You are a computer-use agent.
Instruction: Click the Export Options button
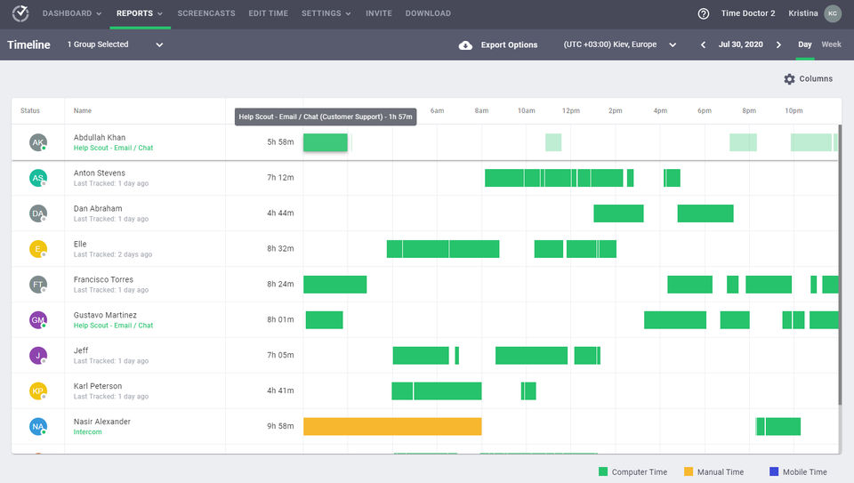click(498, 45)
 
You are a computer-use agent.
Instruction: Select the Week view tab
click(831, 44)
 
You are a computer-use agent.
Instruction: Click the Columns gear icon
click(789, 79)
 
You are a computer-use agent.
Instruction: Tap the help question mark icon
click(704, 13)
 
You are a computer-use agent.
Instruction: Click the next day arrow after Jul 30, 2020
click(779, 45)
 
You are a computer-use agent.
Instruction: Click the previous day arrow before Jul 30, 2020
click(703, 45)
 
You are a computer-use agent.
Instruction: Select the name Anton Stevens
click(100, 173)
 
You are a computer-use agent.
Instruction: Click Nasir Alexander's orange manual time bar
click(392, 427)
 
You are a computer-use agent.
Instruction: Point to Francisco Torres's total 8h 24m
click(280, 285)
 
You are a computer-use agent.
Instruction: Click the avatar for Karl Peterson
click(37, 391)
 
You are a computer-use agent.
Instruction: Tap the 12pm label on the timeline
click(571, 111)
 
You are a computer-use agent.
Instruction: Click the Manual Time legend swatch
click(689, 472)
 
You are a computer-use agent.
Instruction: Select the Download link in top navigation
click(428, 13)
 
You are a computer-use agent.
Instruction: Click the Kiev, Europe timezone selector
click(620, 45)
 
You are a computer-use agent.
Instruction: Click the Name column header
click(83, 111)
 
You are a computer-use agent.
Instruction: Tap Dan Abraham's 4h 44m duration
click(280, 213)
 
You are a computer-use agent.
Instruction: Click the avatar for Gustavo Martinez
click(37, 320)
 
